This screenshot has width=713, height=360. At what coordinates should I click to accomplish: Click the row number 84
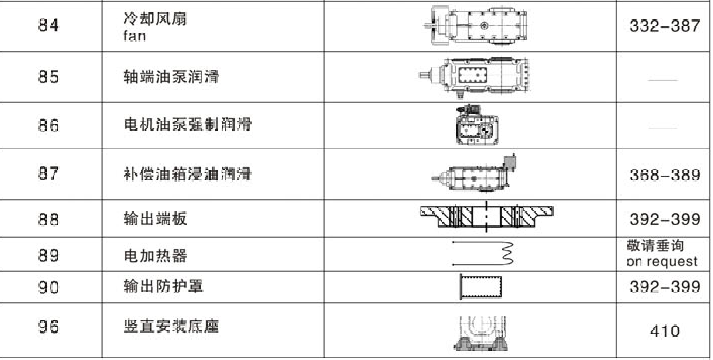(x=49, y=25)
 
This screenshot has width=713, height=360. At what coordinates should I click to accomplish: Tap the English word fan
(x=135, y=36)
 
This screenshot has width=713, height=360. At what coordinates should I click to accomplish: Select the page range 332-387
(x=664, y=26)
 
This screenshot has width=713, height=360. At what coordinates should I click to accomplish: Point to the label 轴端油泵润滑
(x=171, y=76)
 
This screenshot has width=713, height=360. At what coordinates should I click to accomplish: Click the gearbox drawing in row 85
(x=474, y=76)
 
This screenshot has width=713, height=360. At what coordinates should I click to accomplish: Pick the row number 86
(x=49, y=125)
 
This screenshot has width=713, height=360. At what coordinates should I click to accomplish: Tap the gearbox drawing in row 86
(x=477, y=125)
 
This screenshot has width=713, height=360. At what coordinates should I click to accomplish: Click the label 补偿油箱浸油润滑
(x=187, y=173)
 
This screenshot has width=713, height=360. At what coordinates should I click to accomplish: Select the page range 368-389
(x=664, y=174)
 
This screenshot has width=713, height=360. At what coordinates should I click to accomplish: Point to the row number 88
(x=49, y=219)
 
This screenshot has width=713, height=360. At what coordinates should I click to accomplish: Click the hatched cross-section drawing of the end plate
(x=487, y=216)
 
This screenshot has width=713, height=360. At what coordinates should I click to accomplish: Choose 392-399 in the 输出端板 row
(x=664, y=219)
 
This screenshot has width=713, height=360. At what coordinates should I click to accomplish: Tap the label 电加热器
(x=155, y=255)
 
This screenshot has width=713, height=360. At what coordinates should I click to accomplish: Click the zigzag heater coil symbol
(x=508, y=253)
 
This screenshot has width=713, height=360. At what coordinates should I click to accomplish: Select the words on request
(x=662, y=261)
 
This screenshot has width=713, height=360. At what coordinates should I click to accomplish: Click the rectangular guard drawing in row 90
(x=481, y=287)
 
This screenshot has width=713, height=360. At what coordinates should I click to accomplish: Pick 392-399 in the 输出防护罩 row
(x=664, y=287)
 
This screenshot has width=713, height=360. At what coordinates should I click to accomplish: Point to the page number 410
(x=664, y=331)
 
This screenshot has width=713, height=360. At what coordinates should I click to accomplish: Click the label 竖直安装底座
(x=171, y=327)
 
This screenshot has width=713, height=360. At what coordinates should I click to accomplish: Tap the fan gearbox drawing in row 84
(x=476, y=26)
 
